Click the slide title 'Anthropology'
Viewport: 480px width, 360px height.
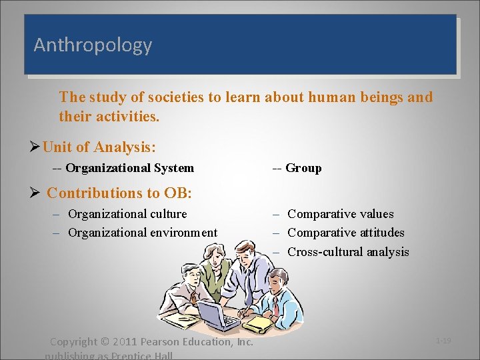pos(93,45)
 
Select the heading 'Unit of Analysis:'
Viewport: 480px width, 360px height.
pos(99,147)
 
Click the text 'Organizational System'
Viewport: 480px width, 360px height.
pos(129,168)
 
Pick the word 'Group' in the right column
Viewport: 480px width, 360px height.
pos(303,168)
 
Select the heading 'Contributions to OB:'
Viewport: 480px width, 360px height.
pos(119,193)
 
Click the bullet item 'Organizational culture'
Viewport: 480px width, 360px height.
pos(127,214)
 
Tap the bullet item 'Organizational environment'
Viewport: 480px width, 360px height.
pos(143,233)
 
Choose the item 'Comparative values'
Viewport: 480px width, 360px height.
pos(340,214)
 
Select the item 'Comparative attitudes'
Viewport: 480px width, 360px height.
pos(345,233)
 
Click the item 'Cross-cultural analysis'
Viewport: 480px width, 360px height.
pos(348,252)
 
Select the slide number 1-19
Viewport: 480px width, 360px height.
pos(443,341)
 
